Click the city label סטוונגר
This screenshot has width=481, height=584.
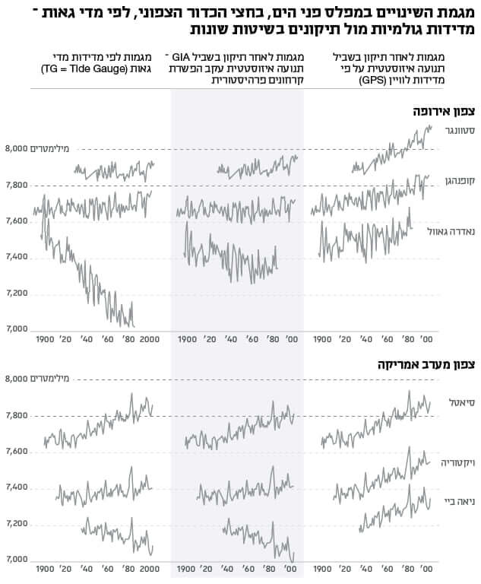(460, 130)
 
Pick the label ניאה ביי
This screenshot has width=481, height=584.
(459, 500)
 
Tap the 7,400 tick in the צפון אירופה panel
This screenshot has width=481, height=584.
(16, 258)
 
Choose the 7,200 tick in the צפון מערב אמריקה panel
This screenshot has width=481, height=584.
(16, 525)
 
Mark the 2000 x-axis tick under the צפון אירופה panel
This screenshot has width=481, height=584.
(150, 340)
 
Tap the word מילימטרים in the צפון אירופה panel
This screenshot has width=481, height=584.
(50, 149)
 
